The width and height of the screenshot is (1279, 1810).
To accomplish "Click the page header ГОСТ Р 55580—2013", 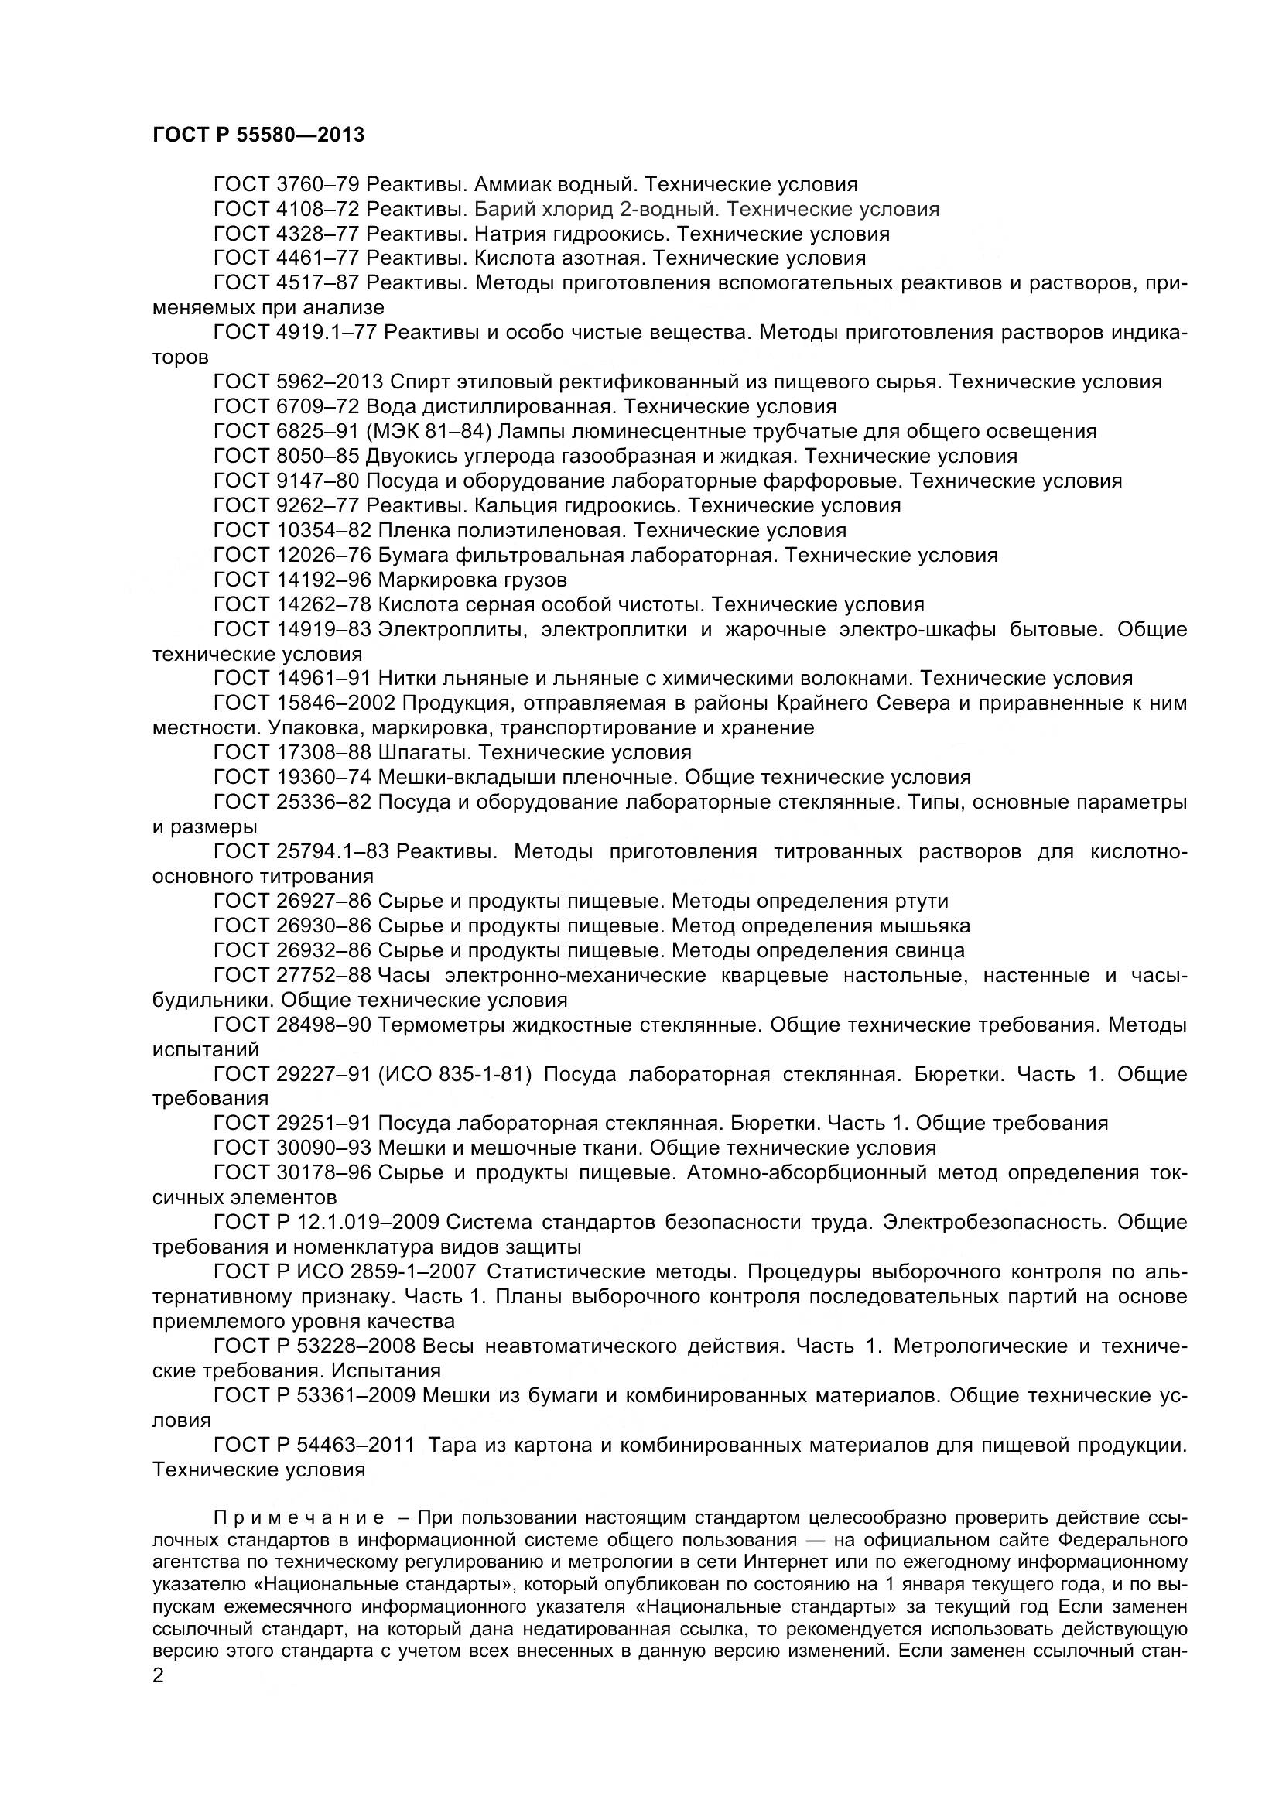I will click(258, 135).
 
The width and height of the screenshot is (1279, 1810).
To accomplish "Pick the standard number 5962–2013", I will click(331, 382).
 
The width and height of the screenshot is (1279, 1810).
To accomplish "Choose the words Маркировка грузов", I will click(472, 580).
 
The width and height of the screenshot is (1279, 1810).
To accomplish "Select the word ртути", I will click(922, 900).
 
